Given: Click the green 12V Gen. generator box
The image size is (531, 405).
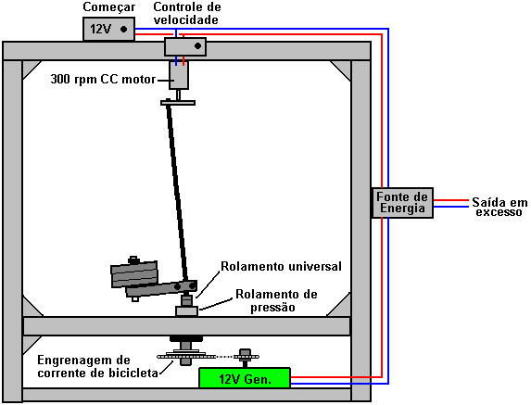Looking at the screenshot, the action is click(x=245, y=378).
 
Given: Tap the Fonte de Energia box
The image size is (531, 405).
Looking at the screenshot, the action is click(x=402, y=202).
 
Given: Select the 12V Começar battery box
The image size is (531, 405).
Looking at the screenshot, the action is click(x=108, y=29).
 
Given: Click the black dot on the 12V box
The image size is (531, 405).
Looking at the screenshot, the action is click(x=123, y=30).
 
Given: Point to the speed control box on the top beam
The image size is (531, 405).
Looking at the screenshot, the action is click(x=185, y=46).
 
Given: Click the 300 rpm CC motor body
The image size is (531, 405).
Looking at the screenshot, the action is click(x=179, y=75).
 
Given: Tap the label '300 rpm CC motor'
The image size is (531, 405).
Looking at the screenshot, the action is click(x=103, y=80).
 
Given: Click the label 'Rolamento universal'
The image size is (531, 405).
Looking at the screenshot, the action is click(x=281, y=266).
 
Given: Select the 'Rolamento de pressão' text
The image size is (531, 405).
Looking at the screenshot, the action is click(x=276, y=300).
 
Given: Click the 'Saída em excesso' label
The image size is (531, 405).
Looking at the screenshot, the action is click(x=499, y=207).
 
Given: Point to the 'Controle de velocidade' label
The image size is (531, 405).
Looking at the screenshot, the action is click(x=186, y=13).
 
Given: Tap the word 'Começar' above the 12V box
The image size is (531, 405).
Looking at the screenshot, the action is click(x=109, y=7).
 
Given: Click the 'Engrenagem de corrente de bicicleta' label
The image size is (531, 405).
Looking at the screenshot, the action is click(x=97, y=366).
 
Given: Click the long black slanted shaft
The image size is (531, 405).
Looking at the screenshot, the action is click(x=177, y=191).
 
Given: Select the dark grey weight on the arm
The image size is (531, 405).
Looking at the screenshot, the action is click(x=134, y=273).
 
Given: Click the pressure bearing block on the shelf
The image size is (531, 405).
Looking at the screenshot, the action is click(x=186, y=310).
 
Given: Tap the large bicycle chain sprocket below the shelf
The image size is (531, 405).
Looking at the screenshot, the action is click(x=186, y=356).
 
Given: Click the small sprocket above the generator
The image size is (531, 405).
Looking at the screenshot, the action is click(x=245, y=356).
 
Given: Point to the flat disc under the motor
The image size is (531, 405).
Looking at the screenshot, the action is click(x=178, y=102).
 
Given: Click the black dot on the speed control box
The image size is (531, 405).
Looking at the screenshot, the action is click(x=197, y=45).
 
